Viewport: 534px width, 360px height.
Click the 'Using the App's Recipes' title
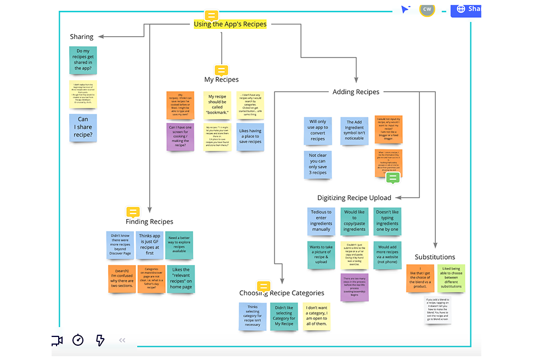pyautogui.click(x=230, y=24)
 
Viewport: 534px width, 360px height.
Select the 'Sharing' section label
pyautogui.click(x=82, y=37)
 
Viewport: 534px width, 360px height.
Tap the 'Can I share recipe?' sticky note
pyautogui.click(x=83, y=127)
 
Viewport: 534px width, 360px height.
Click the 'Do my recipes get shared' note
pyautogui.click(x=83, y=60)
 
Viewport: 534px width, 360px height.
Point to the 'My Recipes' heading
pyautogui.click(x=221, y=80)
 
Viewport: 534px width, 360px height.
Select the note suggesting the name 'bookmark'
pyautogui.click(x=217, y=105)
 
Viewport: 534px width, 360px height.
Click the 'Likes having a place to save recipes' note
pyautogui.click(x=250, y=137)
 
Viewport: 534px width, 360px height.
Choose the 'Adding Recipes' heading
pyautogui.click(x=356, y=92)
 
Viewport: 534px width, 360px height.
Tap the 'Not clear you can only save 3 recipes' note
pyautogui.click(x=318, y=164)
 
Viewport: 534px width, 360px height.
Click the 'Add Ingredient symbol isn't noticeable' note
pyautogui.click(x=355, y=130)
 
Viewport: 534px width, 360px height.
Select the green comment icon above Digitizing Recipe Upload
pyautogui.click(x=392, y=178)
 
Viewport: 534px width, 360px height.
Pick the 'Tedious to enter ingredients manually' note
pyautogui.click(x=321, y=221)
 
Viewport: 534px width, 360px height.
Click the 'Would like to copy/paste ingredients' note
pyautogui.click(x=355, y=221)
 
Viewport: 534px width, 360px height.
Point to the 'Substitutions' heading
pyautogui.click(x=435, y=257)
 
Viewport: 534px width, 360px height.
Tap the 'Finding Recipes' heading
pyautogui.click(x=149, y=222)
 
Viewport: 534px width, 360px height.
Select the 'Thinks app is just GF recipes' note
pyautogui.click(x=150, y=245)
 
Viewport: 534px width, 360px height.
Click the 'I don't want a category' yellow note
pyautogui.click(x=316, y=316)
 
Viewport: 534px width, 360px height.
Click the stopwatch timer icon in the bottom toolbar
pyautogui.click(x=78, y=340)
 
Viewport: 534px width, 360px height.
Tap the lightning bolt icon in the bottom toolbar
pyautogui.click(x=100, y=340)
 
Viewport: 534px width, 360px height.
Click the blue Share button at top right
pyautogui.click(x=466, y=9)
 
